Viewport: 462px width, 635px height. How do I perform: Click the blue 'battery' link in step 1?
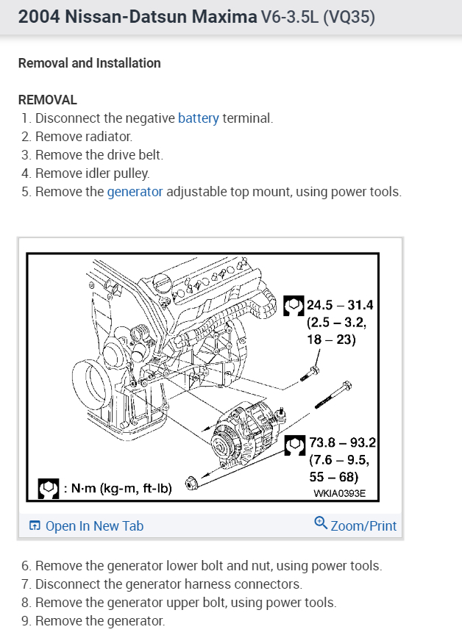(x=199, y=118)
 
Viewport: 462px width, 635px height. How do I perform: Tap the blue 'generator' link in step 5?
(x=135, y=192)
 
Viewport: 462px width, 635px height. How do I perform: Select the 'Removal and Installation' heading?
(x=89, y=63)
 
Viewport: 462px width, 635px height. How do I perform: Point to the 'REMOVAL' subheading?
(x=47, y=100)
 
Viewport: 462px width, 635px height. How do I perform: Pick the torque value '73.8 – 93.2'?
(x=343, y=443)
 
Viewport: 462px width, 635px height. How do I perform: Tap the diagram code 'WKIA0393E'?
(x=339, y=494)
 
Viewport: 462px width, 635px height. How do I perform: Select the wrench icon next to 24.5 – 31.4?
(x=293, y=304)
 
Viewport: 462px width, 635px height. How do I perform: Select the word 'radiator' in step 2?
(x=110, y=137)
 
